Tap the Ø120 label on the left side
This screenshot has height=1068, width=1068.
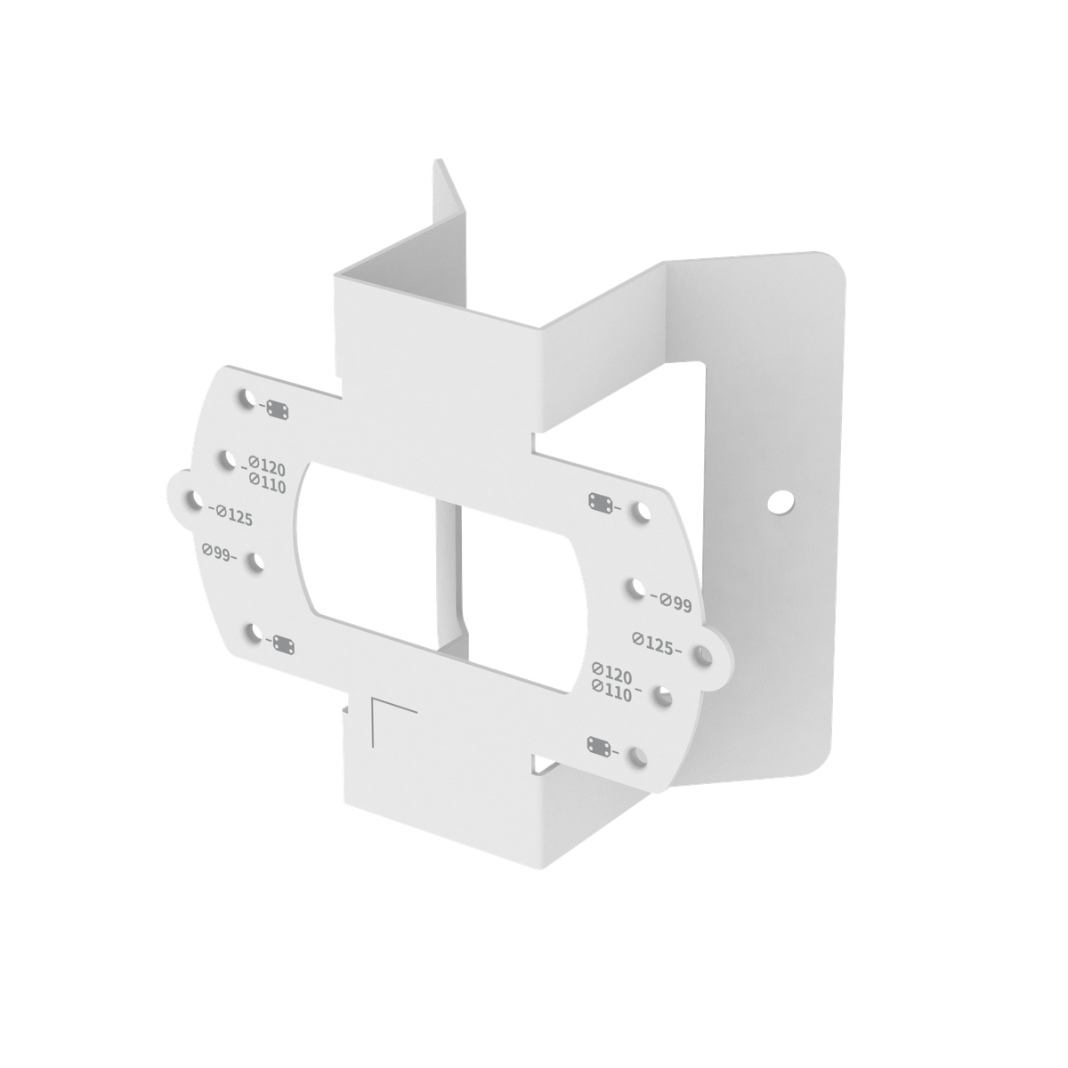(x=266, y=466)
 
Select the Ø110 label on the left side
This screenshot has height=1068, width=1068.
(x=266, y=484)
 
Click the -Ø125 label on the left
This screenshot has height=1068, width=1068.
(x=231, y=514)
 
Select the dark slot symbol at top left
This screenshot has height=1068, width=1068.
(x=278, y=409)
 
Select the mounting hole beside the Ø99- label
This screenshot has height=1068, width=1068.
(x=256, y=562)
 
